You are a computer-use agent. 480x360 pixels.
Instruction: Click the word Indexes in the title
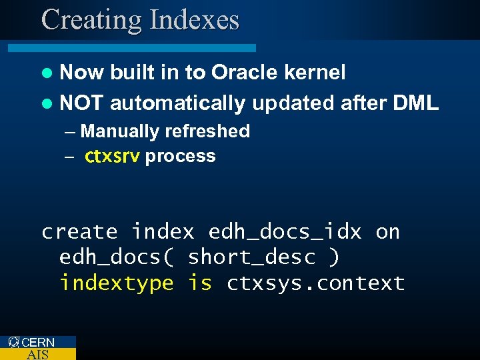click(x=195, y=20)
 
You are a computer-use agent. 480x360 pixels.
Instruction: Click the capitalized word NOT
click(x=81, y=103)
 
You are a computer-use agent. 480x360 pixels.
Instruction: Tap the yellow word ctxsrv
click(x=112, y=157)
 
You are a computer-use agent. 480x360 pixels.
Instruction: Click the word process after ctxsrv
click(x=180, y=157)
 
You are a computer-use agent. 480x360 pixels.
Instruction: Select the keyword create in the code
click(x=79, y=232)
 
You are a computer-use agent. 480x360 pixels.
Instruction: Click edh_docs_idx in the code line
click(x=285, y=232)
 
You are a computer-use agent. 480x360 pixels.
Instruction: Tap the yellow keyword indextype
click(x=116, y=283)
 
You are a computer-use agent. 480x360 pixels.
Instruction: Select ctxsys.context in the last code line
click(x=315, y=283)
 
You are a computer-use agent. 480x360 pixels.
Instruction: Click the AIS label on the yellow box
click(x=37, y=354)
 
